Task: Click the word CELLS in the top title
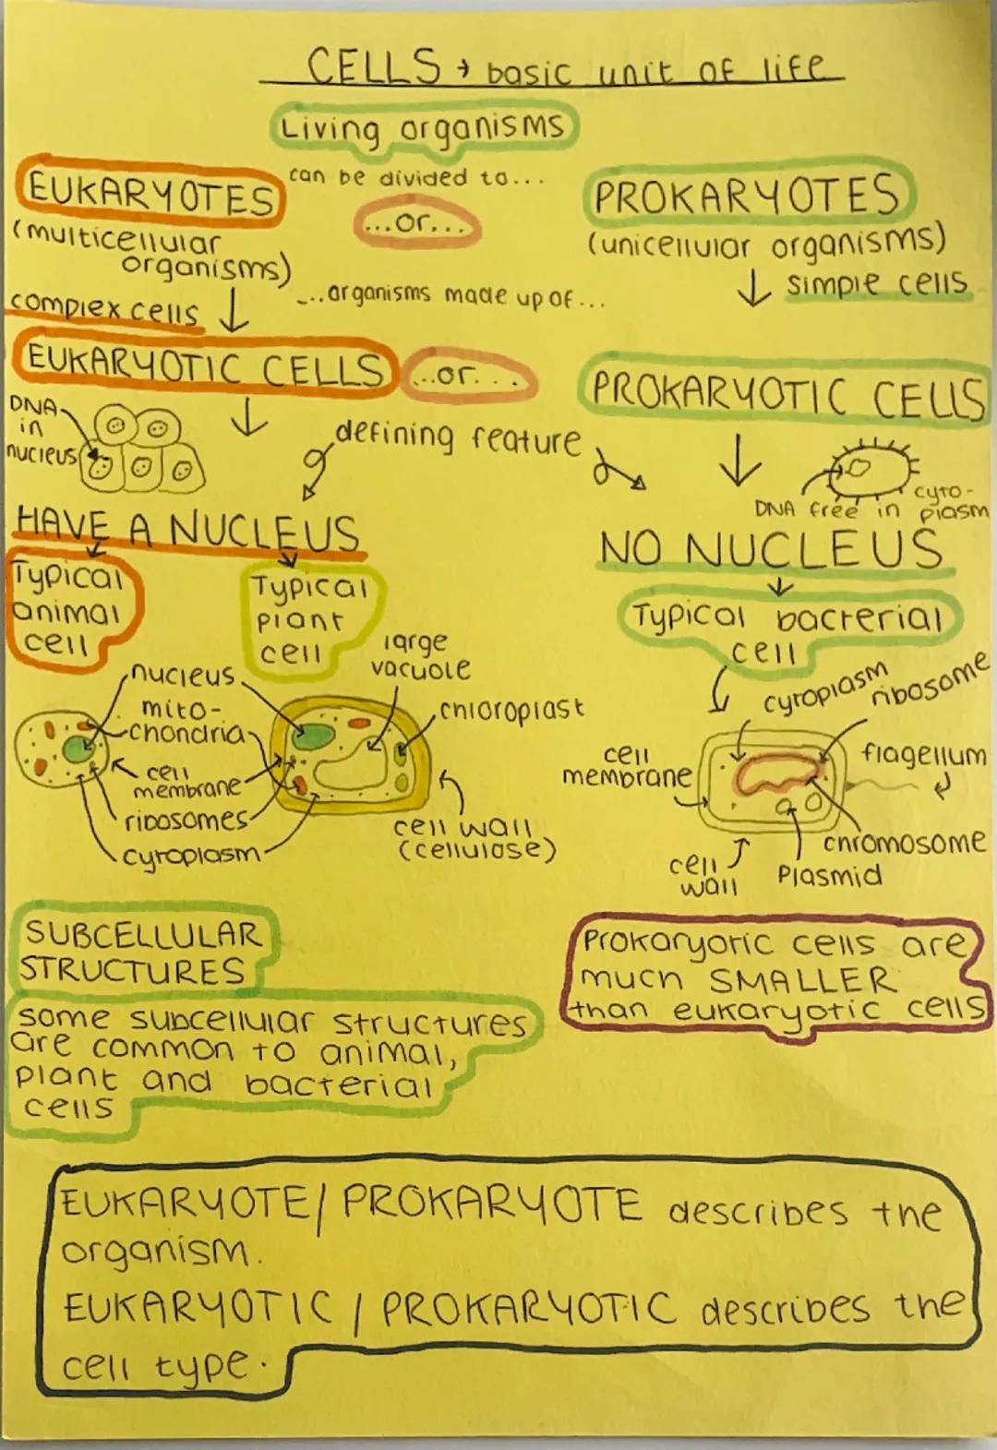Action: click(374, 66)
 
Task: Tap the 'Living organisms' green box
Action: click(424, 127)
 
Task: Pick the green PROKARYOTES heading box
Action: click(747, 197)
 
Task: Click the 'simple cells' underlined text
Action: click(876, 283)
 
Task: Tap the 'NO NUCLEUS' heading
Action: click(771, 550)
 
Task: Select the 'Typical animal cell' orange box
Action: click(69, 609)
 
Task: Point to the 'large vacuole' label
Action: click(420, 655)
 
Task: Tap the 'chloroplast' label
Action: click(511, 710)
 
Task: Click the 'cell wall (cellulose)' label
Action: click(475, 836)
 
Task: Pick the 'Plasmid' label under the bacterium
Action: click(829, 875)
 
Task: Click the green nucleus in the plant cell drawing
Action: click(315, 737)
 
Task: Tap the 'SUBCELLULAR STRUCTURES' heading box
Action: click(138, 952)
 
